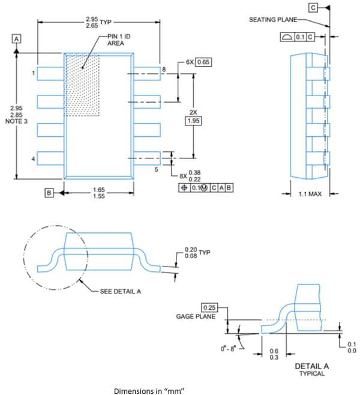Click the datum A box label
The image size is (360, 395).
[17, 38]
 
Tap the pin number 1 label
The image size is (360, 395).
[34, 73]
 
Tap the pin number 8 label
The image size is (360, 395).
[163, 70]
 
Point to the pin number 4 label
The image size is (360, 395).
[34, 159]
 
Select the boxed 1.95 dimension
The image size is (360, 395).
[193, 121]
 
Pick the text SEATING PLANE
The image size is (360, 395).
[271, 20]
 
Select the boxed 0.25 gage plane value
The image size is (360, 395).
[209, 307]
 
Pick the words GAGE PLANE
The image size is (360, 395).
[195, 316]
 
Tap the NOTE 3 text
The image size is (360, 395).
[17, 121]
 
